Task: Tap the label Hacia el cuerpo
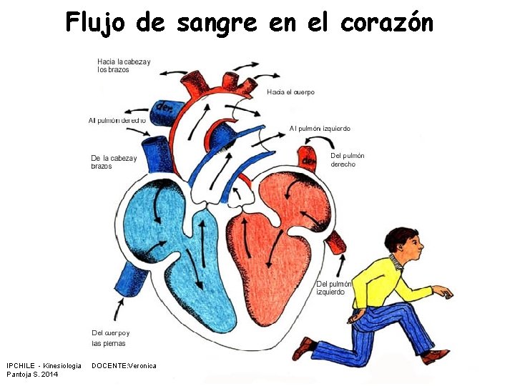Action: point(290,92)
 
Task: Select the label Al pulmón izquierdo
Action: point(320,129)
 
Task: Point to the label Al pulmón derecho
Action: point(117,121)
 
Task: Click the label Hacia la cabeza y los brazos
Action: point(124,66)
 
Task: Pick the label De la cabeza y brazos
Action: point(113,162)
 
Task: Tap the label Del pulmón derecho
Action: point(347,160)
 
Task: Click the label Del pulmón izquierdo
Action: point(333,288)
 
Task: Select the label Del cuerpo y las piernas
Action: point(111,337)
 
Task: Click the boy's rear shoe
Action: point(303,348)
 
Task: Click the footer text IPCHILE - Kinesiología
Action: point(44,365)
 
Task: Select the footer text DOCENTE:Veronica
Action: point(124,365)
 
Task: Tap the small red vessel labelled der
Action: point(308,159)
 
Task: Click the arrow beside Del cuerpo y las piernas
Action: point(117,312)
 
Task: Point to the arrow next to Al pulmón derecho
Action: point(136,112)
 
